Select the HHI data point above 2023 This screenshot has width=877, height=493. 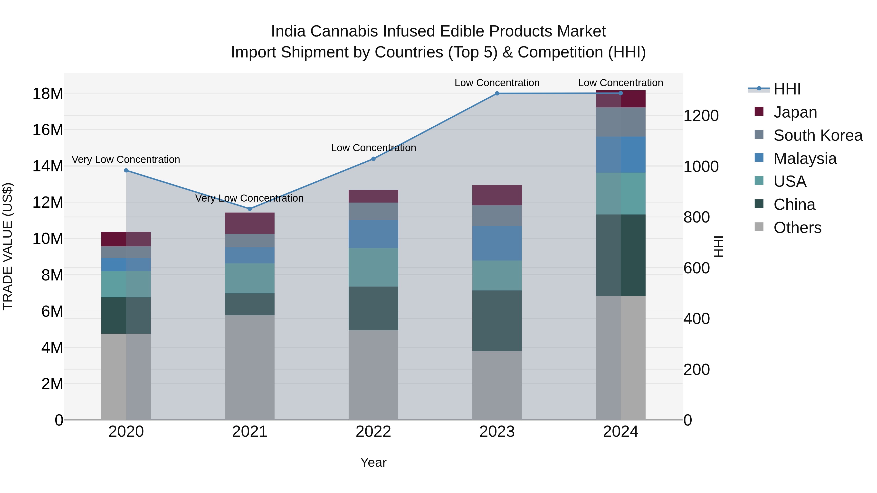pos(497,93)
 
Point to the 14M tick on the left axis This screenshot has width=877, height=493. pos(48,166)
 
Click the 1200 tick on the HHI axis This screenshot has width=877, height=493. pos(701,116)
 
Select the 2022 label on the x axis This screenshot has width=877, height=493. pos(373,432)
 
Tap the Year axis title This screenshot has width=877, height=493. pos(373,462)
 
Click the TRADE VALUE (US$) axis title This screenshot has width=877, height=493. pos(8,246)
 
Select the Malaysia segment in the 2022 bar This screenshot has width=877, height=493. pos(373,234)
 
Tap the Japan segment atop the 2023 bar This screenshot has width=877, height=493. pos(497,195)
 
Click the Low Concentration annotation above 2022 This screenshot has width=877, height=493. pos(373,148)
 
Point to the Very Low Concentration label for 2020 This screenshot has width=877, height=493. pos(126,159)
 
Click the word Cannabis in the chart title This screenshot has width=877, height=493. pos(344,31)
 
